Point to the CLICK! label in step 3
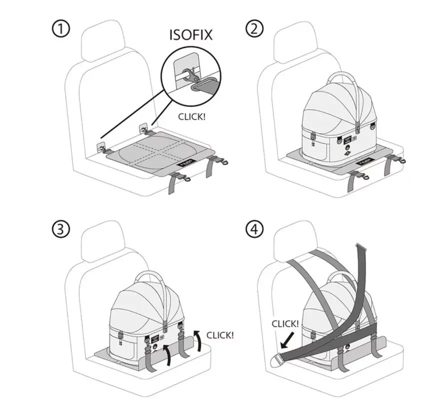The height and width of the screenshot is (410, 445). (219, 335)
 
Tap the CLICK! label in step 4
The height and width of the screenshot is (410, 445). (285, 324)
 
